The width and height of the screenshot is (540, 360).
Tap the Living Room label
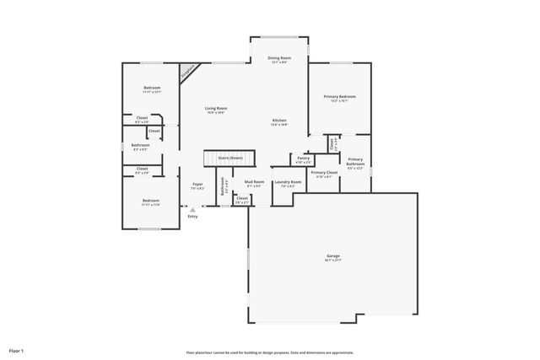click(216, 109)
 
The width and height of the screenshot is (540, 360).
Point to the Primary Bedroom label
click(340, 97)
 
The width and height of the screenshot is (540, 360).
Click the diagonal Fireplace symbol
click(188, 73)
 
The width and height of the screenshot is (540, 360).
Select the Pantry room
click(304, 159)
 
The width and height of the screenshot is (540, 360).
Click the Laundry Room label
click(288, 183)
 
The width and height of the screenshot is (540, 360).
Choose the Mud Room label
click(255, 183)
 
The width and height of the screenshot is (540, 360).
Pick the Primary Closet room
click(324, 174)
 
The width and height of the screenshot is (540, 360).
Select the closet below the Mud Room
click(241, 199)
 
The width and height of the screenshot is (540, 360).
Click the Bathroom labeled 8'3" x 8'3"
click(140, 147)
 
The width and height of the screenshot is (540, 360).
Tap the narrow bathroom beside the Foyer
click(222, 187)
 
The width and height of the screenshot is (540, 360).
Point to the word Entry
click(192, 217)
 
